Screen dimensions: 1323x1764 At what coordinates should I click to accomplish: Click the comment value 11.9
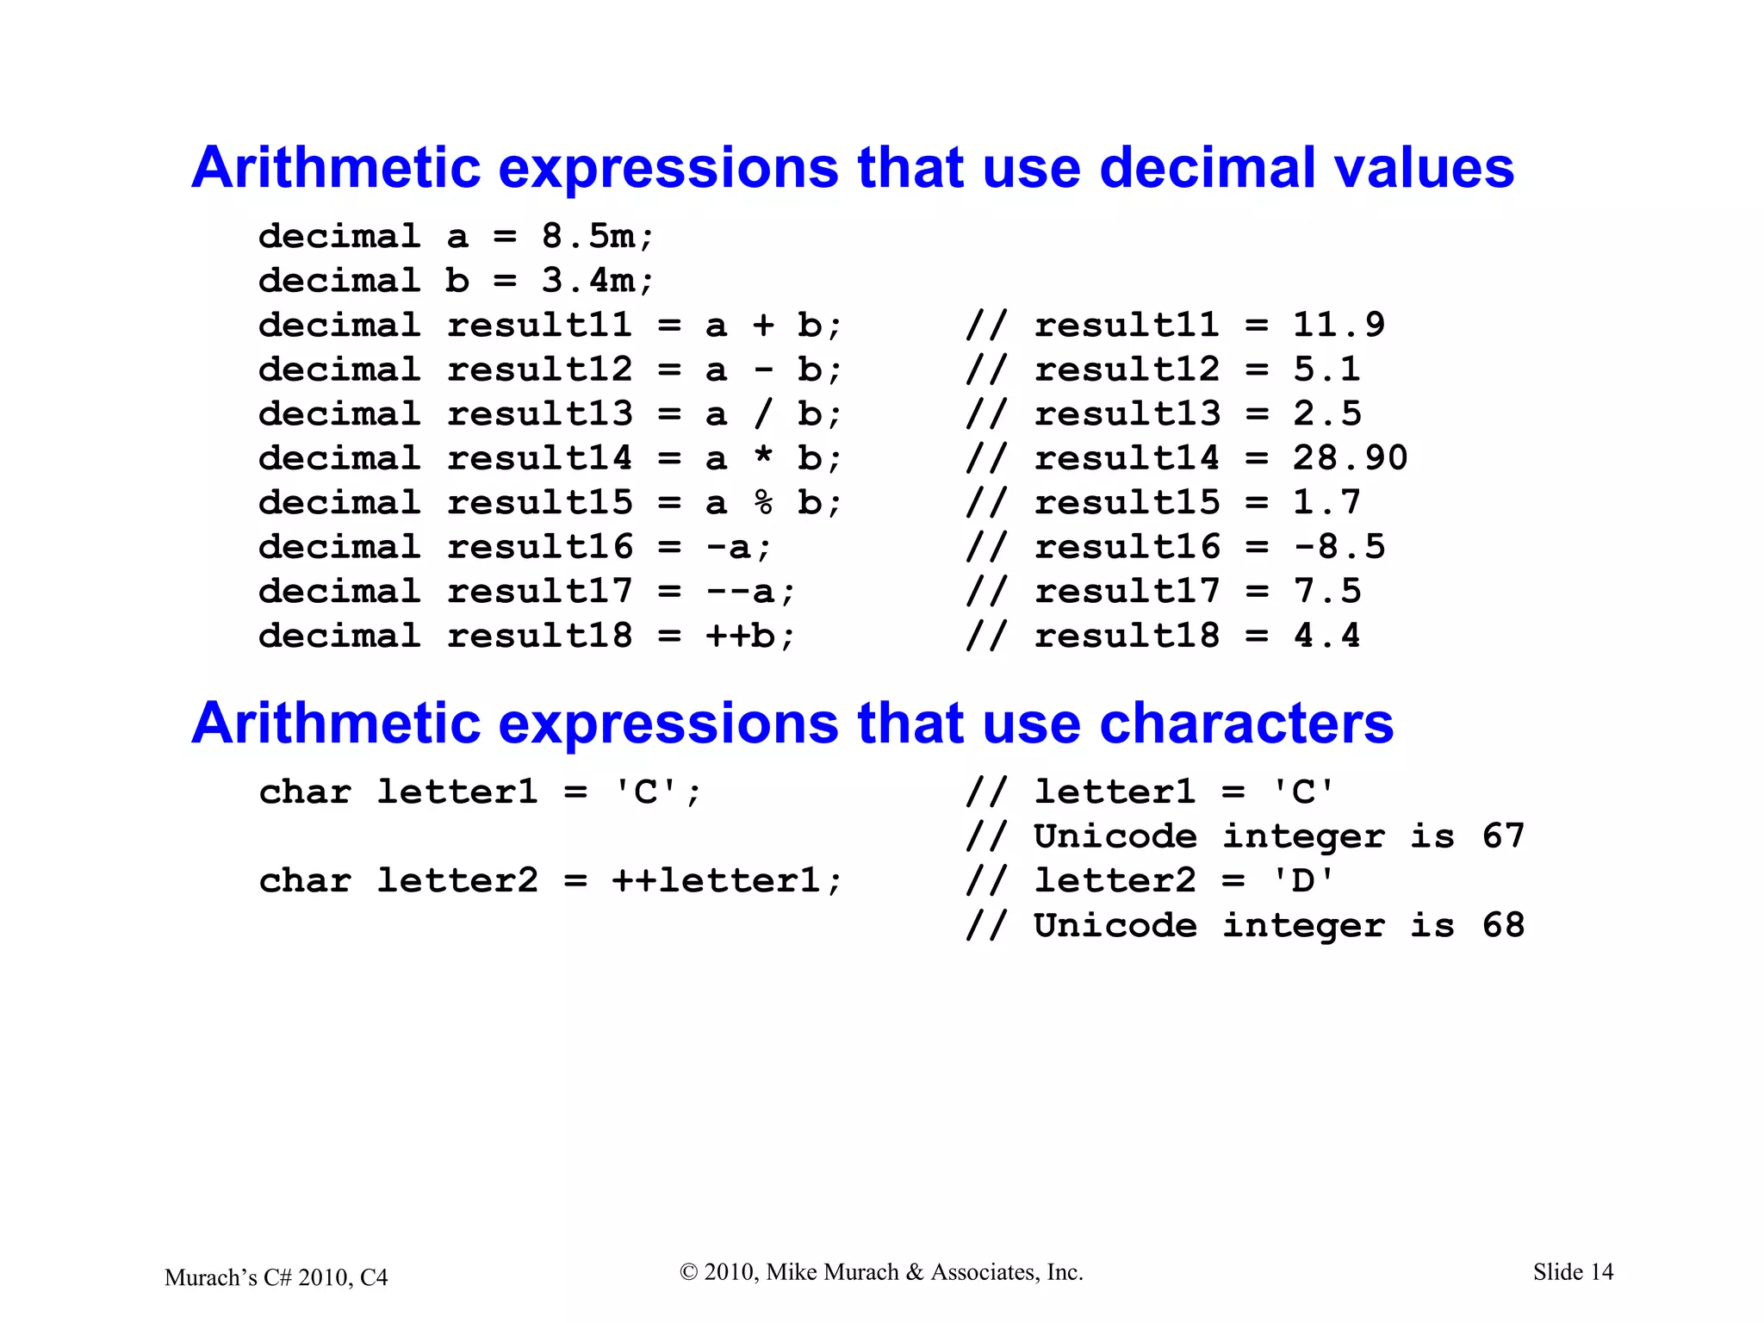[1339, 326]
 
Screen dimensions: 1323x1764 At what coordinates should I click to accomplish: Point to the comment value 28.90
[1350, 458]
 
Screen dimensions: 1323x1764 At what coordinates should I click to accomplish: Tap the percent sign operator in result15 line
[763, 503]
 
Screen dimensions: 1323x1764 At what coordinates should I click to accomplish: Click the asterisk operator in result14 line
[763, 457]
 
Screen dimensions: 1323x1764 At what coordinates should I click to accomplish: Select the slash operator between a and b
[763, 414]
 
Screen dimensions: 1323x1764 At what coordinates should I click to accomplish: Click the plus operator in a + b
[763, 326]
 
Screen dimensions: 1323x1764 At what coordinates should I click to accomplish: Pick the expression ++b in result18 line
[740, 637]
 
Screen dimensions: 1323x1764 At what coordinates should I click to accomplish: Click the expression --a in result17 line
[740, 592]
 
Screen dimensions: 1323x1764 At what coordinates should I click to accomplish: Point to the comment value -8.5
[1339, 547]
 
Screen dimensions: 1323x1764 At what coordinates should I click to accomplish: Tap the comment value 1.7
[1326, 503]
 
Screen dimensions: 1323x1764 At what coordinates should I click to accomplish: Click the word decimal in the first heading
[1206, 167]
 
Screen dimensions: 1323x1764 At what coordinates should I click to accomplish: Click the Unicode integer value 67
[1503, 836]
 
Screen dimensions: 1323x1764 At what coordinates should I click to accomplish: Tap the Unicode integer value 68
[1503, 926]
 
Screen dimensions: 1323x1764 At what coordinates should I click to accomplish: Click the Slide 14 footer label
[1573, 1272]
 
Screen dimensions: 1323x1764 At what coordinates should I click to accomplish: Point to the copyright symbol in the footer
[688, 1272]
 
